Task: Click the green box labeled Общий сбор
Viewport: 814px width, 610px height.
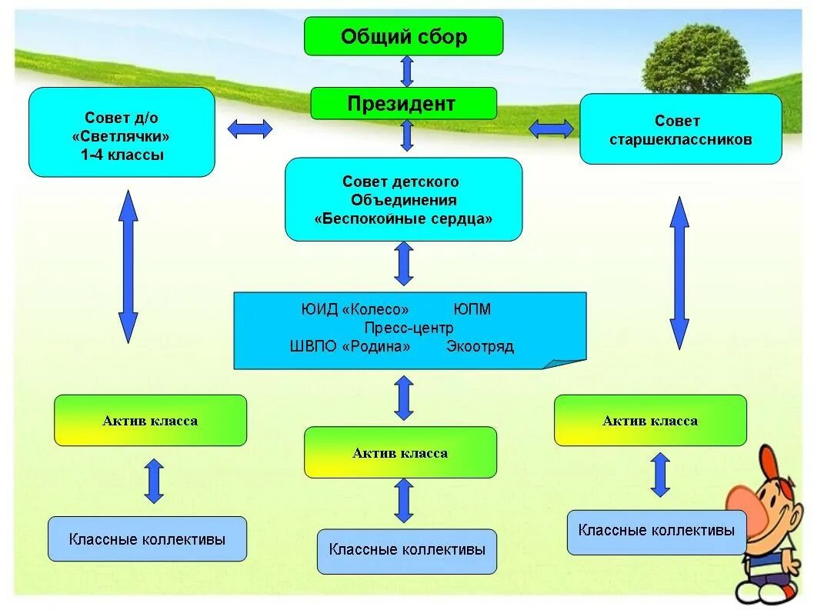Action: pos(403,36)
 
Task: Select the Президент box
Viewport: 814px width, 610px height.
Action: pos(403,103)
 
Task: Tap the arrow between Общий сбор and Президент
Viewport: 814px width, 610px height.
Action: pos(407,71)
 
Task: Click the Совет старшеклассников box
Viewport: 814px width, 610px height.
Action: pos(681,129)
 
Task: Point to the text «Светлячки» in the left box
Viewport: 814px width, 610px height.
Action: pos(121,136)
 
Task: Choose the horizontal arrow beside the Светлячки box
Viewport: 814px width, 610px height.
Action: pos(250,128)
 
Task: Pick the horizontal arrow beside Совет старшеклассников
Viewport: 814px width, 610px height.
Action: pos(552,128)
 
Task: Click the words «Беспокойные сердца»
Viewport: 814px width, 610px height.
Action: pos(403,218)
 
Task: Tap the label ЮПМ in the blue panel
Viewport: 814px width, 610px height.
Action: pos(472,309)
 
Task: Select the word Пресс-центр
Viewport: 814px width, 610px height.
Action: pos(409,328)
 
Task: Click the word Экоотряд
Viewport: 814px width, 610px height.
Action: pos(480,346)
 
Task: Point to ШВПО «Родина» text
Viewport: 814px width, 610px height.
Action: pos(350,346)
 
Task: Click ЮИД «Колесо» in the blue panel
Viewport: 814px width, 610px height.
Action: pos(355,309)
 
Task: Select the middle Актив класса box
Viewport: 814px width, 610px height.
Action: pos(400,452)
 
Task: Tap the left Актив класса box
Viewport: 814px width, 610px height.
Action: pos(151,421)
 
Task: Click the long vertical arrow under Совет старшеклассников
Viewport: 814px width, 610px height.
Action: pos(679,273)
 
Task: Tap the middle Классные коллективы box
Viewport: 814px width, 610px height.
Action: pos(407,552)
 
